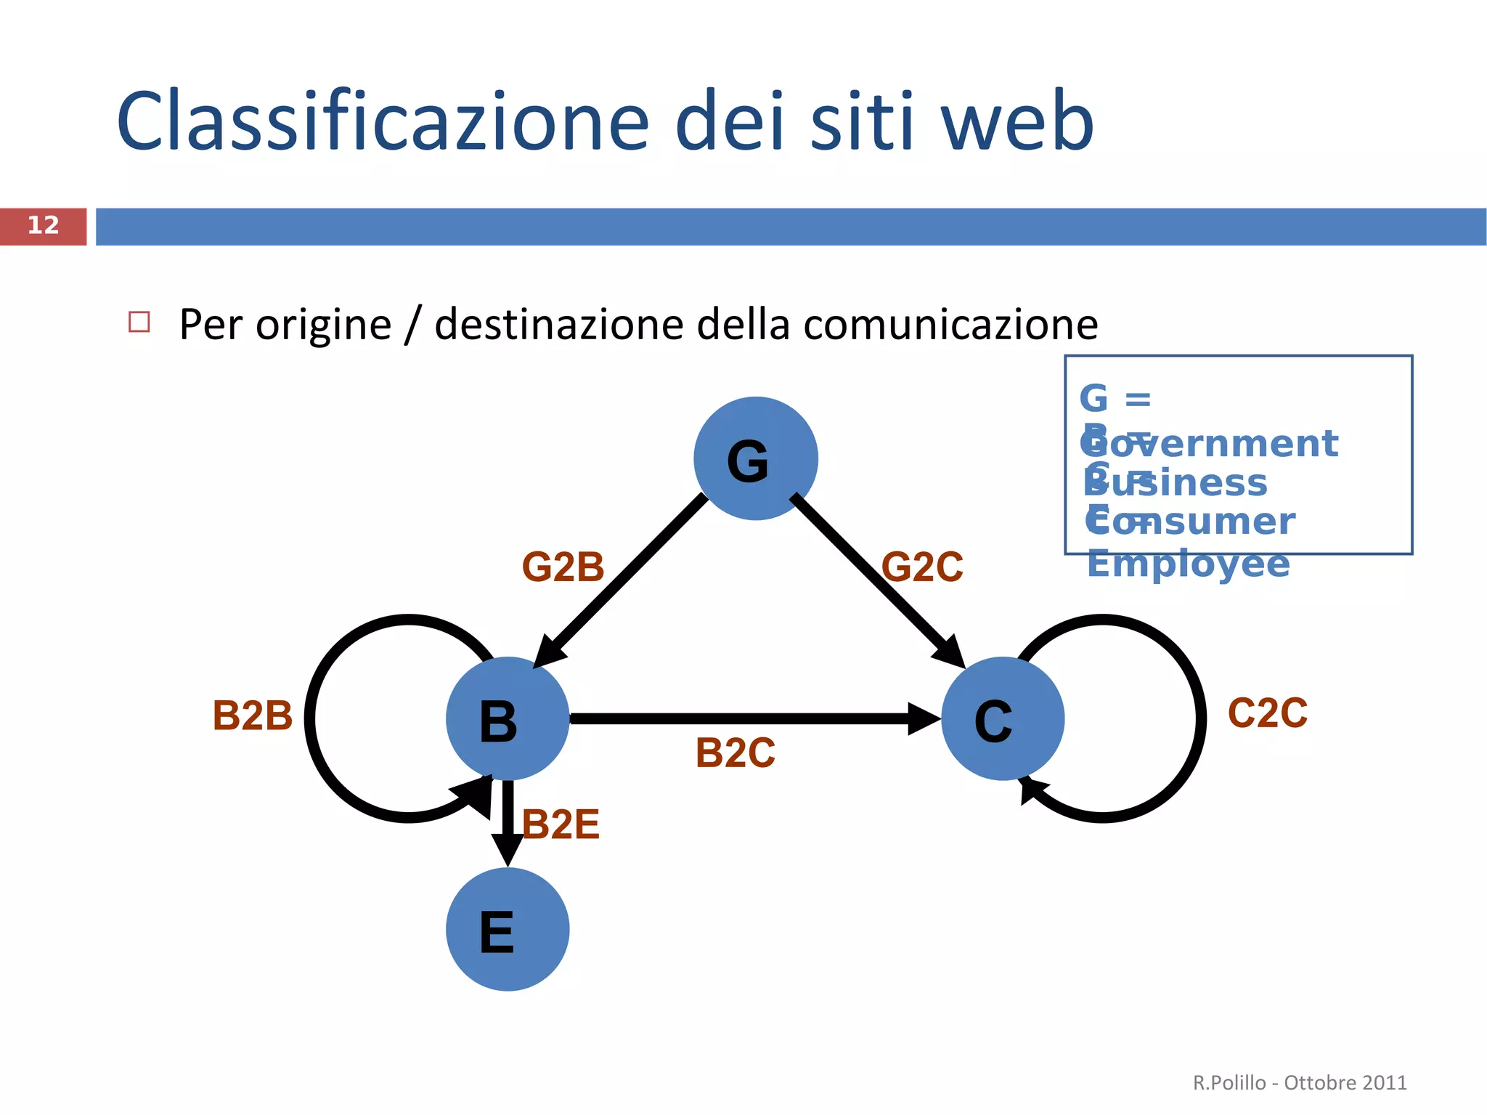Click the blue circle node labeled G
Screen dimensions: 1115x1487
[755, 458]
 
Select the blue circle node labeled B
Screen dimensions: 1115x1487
[507, 718]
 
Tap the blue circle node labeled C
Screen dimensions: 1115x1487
[1002, 718]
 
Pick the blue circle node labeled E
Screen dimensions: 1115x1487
[507, 929]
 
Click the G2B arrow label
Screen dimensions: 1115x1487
[563, 567]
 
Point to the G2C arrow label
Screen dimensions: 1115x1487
[921, 567]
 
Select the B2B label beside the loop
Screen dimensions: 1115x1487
[252, 715]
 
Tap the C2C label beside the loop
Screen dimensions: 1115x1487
[1267, 713]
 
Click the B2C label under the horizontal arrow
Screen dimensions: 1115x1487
[735, 753]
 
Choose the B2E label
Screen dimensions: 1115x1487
[561, 824]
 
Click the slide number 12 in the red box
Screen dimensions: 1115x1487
[43, 226]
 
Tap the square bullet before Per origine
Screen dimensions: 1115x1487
[139, 322]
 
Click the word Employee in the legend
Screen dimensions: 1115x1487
[1188, 564]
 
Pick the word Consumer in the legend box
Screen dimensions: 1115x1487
[1191, 522]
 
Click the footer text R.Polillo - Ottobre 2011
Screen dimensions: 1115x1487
[1299, 1082]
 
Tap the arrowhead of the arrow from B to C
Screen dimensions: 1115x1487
[924, 718]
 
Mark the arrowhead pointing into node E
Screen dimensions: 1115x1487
[507, 850]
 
